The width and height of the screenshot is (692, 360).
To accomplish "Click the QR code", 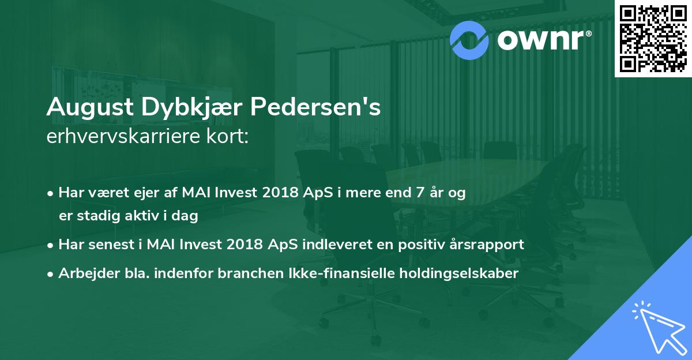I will pos(653,38).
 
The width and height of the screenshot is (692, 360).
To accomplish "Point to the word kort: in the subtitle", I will pos(228,136).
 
